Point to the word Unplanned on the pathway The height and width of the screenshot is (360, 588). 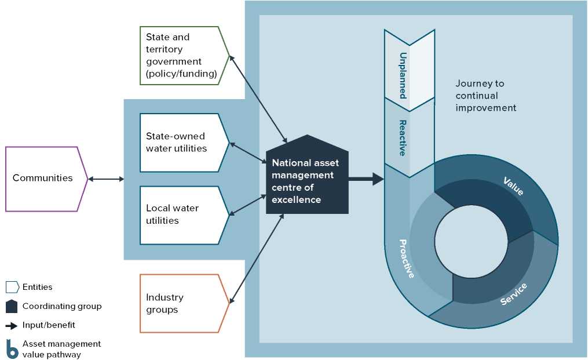point(402,75)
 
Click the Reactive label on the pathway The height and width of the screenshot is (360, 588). point(402,137)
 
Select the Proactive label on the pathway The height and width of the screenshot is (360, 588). point(407,258)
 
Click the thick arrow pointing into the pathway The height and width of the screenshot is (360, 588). point(366,179)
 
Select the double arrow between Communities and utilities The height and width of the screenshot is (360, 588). point(106,179)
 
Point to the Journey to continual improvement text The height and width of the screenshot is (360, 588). point(485,96)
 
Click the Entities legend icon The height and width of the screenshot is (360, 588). point(12,287)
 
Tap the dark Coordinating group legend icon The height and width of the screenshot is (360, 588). point(12,306)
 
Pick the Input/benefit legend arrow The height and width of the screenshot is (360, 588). point(12,325)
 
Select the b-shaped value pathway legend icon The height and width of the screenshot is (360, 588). point(12,349)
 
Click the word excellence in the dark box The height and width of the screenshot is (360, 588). point(296,199)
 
